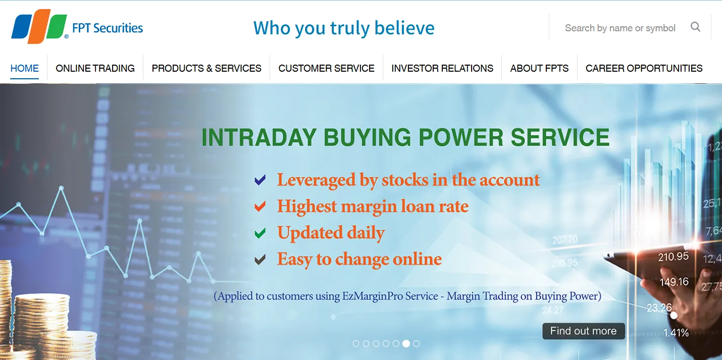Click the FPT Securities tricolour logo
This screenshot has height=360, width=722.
pos(39,26)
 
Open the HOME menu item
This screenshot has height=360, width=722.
pos(25,68)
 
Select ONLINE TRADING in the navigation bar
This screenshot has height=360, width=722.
pos(95,68)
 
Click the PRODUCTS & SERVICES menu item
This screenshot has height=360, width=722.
pos(207,68)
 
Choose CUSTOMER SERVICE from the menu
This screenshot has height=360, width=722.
pos(327,68)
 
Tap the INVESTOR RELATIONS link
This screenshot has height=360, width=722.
pos(442,68)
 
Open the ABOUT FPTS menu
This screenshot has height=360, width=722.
pos(539,68)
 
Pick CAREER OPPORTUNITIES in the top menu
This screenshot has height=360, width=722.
pos(644,68)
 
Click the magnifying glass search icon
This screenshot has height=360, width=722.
pos(695,27)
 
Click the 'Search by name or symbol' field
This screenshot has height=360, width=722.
pos(620,28)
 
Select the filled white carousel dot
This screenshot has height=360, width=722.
pos(406,343)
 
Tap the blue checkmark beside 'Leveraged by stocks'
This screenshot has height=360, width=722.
pos(260,180)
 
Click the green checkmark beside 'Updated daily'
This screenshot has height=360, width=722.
pos(260,233)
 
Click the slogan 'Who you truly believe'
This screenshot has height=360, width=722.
pos(344,28)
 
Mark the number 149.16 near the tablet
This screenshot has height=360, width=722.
pos(674,282)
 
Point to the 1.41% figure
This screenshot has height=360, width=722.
pos(676,333)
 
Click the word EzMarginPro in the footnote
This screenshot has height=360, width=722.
pos(372,296)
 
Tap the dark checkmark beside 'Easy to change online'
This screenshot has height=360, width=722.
pos(260,260)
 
